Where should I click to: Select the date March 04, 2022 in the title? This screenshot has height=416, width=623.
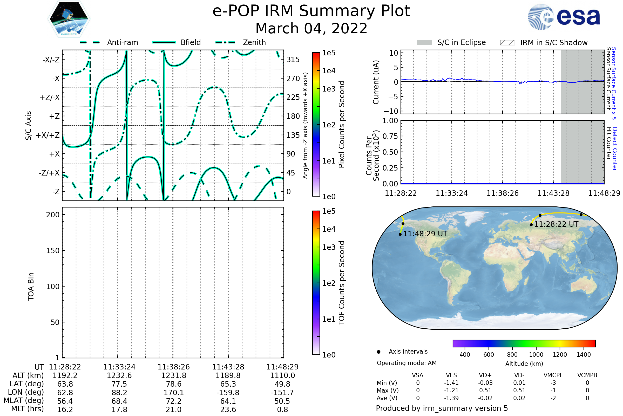[x=311, y=28]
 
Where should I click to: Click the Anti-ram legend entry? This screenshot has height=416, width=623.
[x=122, y=42]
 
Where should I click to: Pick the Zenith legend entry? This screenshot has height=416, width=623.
[x=254, y=42]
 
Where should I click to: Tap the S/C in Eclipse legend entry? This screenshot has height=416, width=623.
[x=461, y=42]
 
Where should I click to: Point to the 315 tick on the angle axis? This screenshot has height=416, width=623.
[x=293, y=60]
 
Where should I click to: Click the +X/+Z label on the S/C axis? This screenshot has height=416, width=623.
[x=48, y=135]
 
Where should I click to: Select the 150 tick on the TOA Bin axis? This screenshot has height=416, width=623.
[x=53, y=250]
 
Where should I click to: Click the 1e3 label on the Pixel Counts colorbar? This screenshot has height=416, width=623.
[x=329, y=89]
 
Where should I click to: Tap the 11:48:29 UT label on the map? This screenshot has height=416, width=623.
[x=425, y=234]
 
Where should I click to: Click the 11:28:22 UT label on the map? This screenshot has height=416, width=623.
[x=556, y=224]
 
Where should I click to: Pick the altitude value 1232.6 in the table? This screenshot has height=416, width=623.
[x=119, y=375]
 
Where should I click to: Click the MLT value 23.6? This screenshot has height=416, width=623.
[x=228, y=409]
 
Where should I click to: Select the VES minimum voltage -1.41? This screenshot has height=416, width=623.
[x=451, y=383]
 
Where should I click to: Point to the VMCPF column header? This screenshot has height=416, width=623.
[x=553, y=375]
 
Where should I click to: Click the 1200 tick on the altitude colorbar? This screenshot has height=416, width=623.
[x=559, y=355]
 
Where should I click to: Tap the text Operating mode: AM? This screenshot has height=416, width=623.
[x=407, y=363]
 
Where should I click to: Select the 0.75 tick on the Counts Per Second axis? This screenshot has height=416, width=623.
[x=390, y=136]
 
